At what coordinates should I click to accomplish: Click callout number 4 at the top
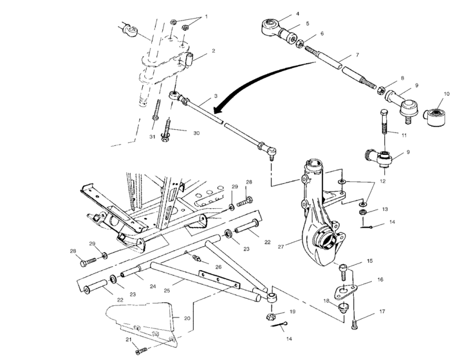(x=298, y=14)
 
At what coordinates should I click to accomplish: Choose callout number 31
(x=153, y=136)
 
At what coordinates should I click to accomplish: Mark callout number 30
(x=196, y=133)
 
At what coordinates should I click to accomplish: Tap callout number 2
(x=213, y=51)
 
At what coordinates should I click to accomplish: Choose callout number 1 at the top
(x=206, y=16)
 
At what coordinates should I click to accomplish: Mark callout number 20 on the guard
(x=187, y=318)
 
